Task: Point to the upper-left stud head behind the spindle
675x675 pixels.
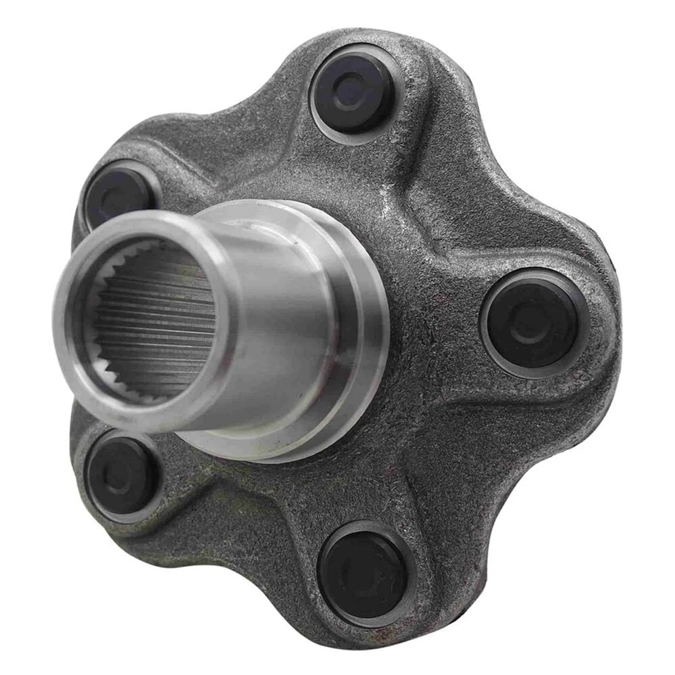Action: [x=117, y=193]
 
